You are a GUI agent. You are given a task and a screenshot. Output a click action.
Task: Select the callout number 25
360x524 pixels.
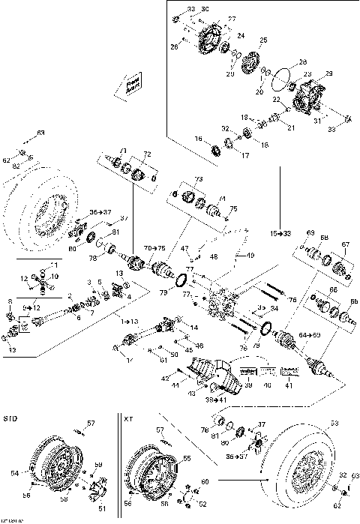[x=263, y=40]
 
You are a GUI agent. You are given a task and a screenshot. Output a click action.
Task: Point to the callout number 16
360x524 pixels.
[x=199, y=139]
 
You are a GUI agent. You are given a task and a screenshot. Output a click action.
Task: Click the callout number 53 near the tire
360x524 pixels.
[x=334, y=423]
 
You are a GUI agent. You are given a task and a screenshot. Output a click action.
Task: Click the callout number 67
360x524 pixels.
[x=346, y=244]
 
